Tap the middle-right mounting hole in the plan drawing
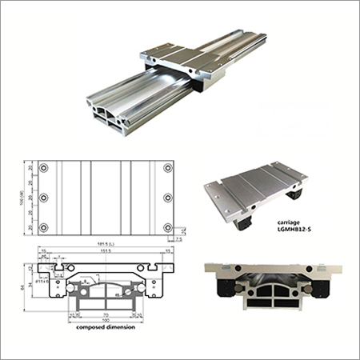(x=167, y=198)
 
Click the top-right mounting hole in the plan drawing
(x=167, y=168)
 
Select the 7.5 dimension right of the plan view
(x=182, y=238)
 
